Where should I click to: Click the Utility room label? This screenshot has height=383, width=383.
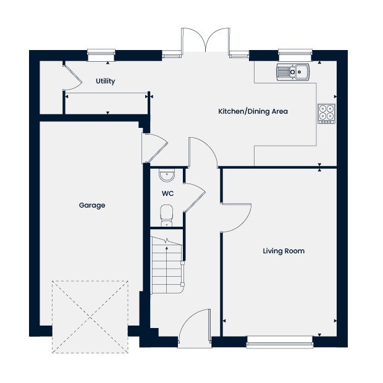pyautogui.click(x=105, y=81)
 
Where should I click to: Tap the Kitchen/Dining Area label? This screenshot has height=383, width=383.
pyautogui.click(x=253, y=112)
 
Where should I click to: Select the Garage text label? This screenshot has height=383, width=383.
pyautogui.click(x=91, y=205)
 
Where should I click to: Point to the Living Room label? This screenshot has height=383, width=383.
pyautogui.click(x=284, y=251)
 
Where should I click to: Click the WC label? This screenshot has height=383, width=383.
pyautogui.click(x=167, y=193)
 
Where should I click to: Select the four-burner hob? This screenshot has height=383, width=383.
pyautogui.click(x=326, y=113)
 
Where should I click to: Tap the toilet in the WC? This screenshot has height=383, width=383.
pyautogui.click(x=166, y=216)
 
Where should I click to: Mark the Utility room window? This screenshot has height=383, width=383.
pyautogui.click(x=101, y=56)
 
